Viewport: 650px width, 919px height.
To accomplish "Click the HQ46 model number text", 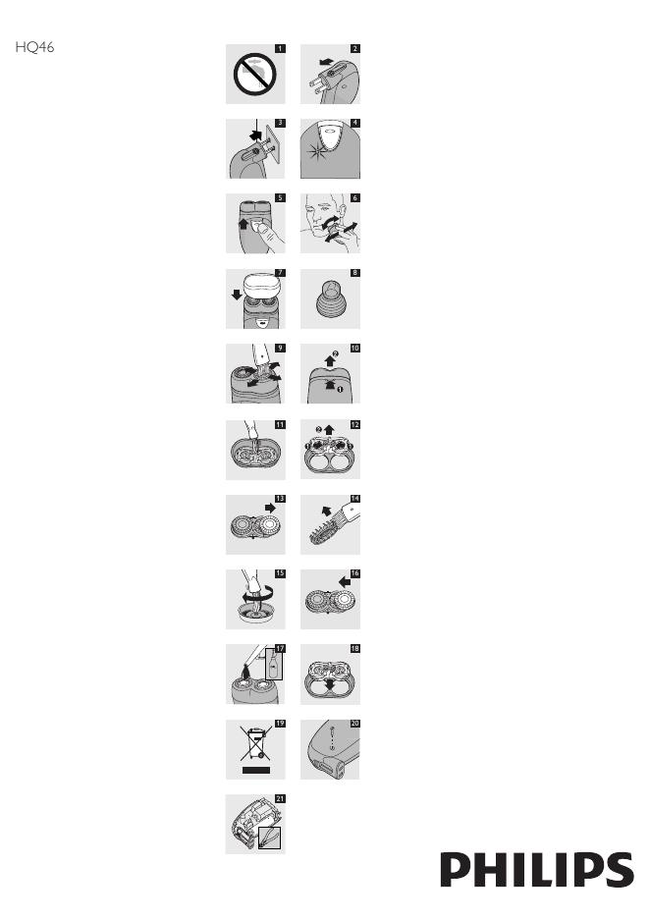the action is [34, 47].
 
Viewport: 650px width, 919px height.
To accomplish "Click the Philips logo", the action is [537, 870].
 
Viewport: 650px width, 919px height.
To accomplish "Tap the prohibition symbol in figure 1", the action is [254, 75].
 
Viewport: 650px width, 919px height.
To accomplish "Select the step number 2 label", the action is [355, 49].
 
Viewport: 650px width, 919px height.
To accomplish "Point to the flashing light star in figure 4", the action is [317, 148].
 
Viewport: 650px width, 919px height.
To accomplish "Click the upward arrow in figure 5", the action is [244, 223].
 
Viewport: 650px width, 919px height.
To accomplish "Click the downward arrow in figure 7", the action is [237, 295].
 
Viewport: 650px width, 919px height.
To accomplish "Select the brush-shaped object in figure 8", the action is [329, 298].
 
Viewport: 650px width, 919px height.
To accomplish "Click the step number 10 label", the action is [355, 349].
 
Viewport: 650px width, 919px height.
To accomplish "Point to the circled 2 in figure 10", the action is [335, 352].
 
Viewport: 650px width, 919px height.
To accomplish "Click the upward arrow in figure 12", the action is [328, 430].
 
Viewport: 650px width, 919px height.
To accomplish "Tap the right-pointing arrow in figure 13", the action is [270, 508].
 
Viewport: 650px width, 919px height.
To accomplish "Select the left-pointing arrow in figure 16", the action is [345, 582].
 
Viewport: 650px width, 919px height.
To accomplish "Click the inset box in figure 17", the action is [274, 665].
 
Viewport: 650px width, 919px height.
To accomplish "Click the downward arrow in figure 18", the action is [330, 684].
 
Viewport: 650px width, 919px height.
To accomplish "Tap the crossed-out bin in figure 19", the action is [255, 742].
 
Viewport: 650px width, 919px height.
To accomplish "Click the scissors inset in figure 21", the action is [269, 838].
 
